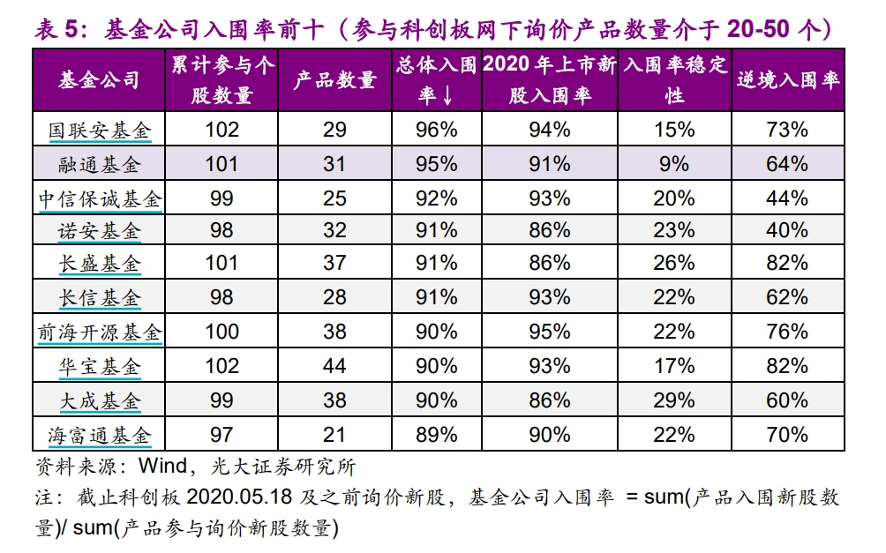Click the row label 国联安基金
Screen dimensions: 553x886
click(x=100, y=130)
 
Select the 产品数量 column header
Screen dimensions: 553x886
click(x=334, y=80)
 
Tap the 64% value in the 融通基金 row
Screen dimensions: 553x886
click(x=787, y=163)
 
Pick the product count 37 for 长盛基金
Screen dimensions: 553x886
click(x=334, y=264)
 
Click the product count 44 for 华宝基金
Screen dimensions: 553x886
click(x=334, y=366)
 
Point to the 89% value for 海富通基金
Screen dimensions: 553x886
click(x=436, y=434)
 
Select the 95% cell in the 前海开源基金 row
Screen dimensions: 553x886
click(x=549, y=332)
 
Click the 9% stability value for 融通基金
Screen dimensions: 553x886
click(x=674, y=163)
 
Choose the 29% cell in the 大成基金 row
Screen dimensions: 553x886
click(x=674, y=400)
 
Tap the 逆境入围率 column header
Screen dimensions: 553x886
click(x=787, y=80)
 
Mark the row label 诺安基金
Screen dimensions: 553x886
click(x=100, y=231)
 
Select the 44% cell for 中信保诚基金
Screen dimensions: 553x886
click(x=787, y=198)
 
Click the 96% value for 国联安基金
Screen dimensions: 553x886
click(x=436, y=130)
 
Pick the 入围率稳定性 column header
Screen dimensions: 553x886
click(x=674, y=80)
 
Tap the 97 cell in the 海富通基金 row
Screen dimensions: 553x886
click(x=221, y=434)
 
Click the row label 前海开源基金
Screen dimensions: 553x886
click(x=100, y=333)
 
